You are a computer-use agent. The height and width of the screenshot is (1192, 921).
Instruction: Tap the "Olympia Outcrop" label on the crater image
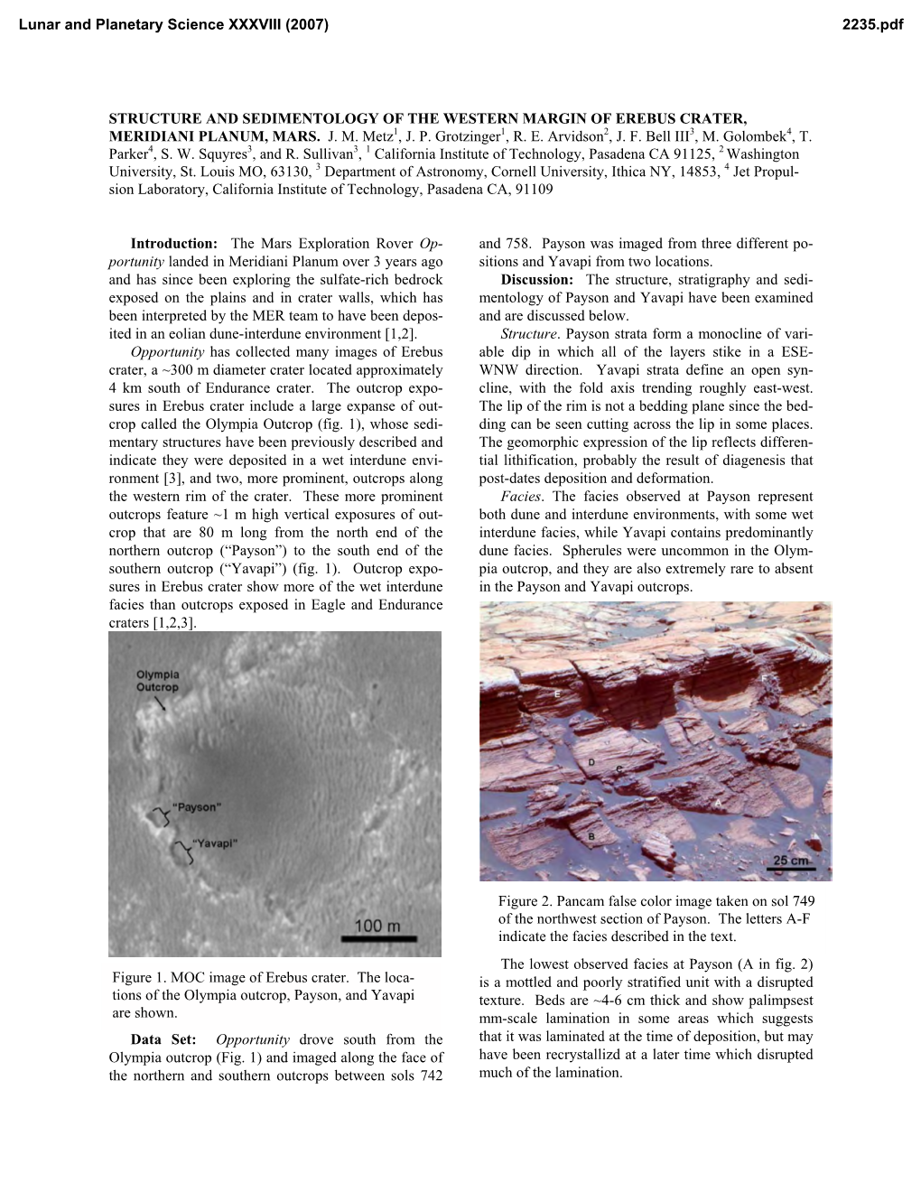pyautogui.click(x=158, y=681)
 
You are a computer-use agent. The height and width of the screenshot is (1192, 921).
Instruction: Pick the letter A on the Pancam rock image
pyautogui.click(x=717, y=801)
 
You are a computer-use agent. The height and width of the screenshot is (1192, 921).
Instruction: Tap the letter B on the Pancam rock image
pyautogui.click(x=591, y=837)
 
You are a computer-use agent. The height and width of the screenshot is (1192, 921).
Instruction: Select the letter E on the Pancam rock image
pyautogui.click(x=557, y=694)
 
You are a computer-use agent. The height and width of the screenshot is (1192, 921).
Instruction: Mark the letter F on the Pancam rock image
pyautogui.click(x=765, y=677)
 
